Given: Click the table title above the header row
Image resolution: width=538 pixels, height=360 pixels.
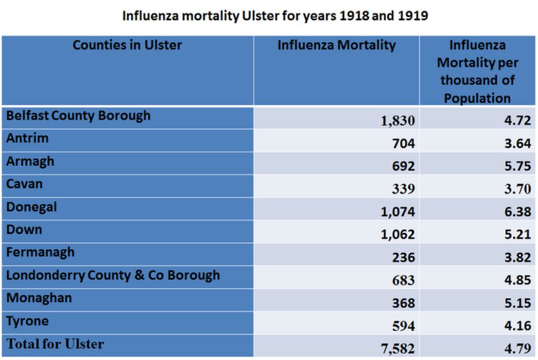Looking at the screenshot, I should click(x=275, y=15).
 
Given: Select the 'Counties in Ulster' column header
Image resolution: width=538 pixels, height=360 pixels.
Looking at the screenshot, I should click(x=127, y=45).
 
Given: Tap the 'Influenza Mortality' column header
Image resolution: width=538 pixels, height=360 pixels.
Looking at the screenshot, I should click(x=336, y=45).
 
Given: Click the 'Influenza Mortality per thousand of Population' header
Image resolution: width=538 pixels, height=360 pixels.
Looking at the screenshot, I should click(x=477, y=71).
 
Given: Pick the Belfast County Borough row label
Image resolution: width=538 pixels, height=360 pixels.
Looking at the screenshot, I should click(x=78, y=116).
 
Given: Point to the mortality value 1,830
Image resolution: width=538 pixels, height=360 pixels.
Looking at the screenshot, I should click(x=397, y=121).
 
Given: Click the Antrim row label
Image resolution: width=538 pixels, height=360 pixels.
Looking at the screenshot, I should click(x=28, y=138).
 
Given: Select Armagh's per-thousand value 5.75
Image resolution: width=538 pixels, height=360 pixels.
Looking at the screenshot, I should click(x=518, y=166).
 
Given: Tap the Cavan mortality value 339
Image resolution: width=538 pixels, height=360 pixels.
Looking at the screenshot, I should click(x=403, y=189).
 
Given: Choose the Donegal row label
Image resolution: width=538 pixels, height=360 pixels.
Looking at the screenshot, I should click(x=32, y=207).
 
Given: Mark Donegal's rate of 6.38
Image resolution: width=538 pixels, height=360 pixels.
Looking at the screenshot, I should click(x=518, y=212).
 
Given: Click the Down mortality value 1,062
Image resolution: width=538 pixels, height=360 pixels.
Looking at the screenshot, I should click(x=397, y=235).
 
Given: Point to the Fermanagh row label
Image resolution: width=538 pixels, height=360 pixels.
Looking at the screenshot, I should click(x=41, y=252).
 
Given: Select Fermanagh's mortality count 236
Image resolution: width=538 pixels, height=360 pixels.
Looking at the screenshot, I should click(x=403, y=257).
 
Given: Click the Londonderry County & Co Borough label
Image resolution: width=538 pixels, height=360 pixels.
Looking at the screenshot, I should click(x=113, y=275).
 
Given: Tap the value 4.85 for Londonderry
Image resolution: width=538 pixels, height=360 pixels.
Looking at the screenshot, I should click(x=518, y=280).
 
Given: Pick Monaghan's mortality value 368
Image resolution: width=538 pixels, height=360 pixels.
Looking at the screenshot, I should click(x=403, y=303).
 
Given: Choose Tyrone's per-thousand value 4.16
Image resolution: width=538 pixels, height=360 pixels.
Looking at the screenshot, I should click(x=518, y=326).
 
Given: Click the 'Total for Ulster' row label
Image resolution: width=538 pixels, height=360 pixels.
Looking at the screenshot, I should click(x=55, y=344).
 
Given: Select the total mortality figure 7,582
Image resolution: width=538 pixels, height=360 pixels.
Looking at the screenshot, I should click(x=397, y=349).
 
